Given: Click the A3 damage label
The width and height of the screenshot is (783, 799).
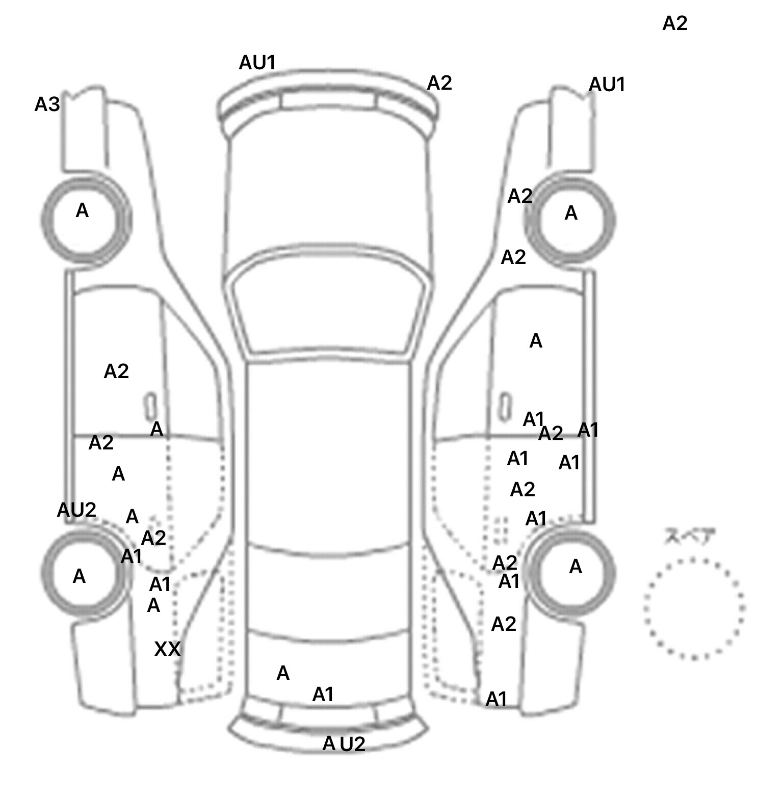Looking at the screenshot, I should coord(47,104).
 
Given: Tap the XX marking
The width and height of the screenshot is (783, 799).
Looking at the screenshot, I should coord(167,649).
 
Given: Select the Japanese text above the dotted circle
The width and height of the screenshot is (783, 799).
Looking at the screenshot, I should coord(690,537).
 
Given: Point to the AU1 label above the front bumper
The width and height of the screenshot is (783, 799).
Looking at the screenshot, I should coord(257,63).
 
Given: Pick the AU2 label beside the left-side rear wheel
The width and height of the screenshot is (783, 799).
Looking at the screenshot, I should coord(76,510).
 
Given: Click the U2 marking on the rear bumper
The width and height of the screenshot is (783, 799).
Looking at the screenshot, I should coord(352,744).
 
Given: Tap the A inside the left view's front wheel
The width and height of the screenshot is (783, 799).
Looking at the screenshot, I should coord(82,210).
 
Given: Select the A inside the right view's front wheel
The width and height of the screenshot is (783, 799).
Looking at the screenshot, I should coord(571,213).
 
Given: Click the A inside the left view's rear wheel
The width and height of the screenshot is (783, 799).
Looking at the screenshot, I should coord(79,576).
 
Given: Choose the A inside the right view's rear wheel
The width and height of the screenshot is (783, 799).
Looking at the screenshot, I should coord(575,566).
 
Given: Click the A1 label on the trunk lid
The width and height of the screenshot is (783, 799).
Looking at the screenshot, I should coord(323,694).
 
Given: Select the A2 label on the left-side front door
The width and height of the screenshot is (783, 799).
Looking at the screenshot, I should coord(116,371).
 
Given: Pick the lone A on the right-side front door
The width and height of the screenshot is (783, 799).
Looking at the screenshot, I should coord(536,341).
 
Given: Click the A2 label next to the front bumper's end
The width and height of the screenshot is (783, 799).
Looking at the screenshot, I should coord(439,83).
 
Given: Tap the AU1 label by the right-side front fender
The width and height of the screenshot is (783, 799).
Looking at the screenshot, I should coord(607,85).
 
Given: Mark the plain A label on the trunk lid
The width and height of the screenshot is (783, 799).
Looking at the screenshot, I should coord(283,673).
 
